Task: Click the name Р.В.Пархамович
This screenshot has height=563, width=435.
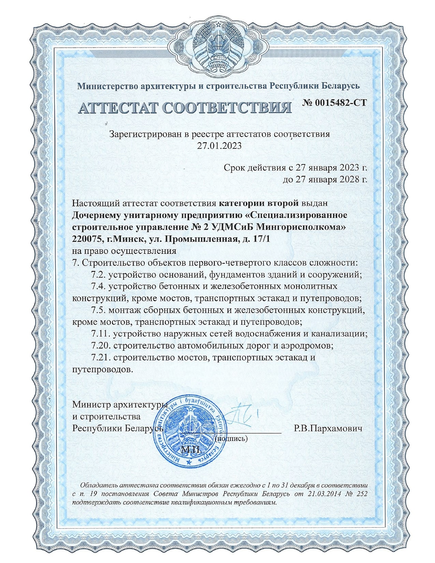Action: point(328,428)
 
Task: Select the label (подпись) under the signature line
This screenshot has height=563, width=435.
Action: point(232,438)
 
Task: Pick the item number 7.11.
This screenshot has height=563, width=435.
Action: point(101,334)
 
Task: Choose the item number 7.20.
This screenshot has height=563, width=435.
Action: point(101,346)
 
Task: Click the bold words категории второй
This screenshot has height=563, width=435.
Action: point(258,203)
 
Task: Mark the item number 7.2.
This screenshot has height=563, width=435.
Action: point(98,275)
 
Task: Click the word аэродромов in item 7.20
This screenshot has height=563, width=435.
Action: point(307,346)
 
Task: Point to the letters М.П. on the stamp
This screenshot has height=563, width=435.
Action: point(191,449)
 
